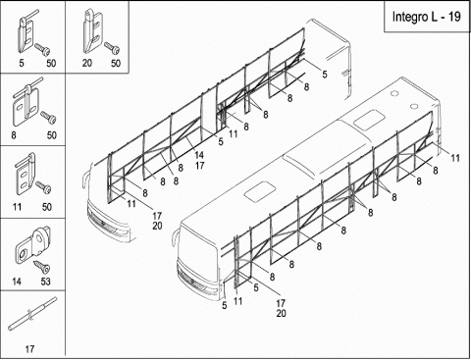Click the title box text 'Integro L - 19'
(426, 17)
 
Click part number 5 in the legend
(22, 63)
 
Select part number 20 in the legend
(87, 63)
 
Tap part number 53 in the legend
(46, 282)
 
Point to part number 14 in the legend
(17, 282)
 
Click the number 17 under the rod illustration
(29, 349)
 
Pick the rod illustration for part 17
(32, 314)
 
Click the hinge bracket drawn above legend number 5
(25, 32)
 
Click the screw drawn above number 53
(42, 267)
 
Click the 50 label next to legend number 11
(47, 207)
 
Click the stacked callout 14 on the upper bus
(199, 155)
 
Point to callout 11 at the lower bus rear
(455, 158)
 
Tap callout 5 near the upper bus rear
(325, 74)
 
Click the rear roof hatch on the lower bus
(369, 119)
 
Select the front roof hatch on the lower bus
(260, 191)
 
